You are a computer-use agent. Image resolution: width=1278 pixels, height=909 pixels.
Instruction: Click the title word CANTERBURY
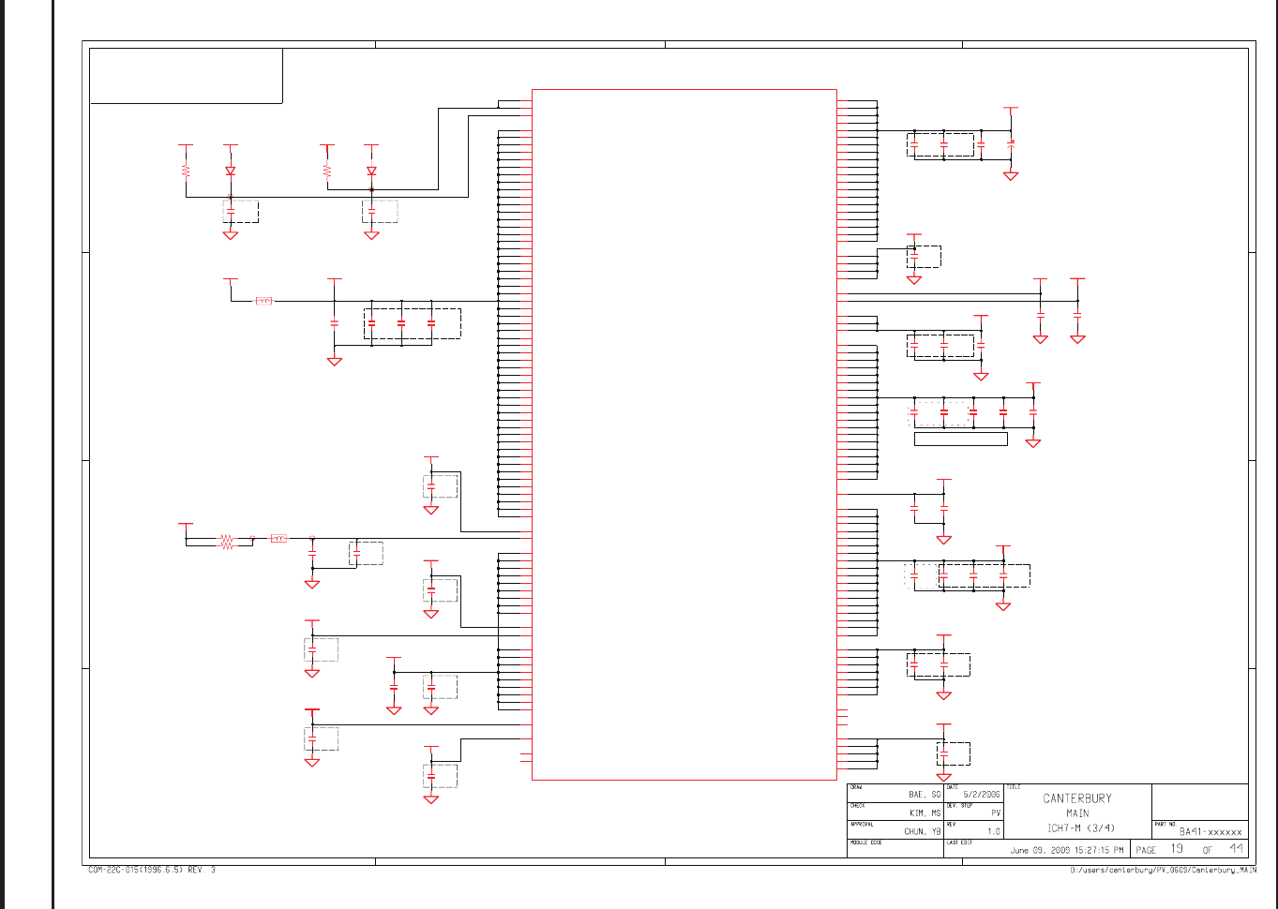[1076, 798]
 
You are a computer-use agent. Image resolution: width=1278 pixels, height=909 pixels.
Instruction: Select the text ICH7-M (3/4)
[1081, 827]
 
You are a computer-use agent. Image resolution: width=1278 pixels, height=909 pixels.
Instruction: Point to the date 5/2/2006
[981, 794]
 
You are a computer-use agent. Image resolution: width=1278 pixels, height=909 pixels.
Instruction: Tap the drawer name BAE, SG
[924, 794]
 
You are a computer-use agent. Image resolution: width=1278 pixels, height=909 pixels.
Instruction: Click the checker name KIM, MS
[924, 812]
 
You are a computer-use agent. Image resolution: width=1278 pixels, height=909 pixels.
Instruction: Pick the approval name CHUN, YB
[922, 831]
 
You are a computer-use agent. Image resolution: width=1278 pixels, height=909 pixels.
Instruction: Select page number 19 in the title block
[1176, 849]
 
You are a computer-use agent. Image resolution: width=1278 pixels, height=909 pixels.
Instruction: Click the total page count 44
[1237, 849]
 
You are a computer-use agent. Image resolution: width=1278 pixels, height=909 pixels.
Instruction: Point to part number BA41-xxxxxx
[1210, 831]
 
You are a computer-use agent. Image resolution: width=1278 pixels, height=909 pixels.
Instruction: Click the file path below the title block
[1163, 871]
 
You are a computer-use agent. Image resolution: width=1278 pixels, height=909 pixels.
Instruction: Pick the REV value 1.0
[993, 831]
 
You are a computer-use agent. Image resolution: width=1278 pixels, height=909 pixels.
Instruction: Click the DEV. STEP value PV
[996, 812]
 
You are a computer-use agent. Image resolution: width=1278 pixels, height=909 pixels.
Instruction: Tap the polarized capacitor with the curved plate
[1011, 144]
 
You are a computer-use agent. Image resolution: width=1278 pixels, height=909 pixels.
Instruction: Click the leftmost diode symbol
[231, 171]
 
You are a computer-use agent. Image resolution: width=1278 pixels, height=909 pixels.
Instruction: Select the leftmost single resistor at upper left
[186, 171]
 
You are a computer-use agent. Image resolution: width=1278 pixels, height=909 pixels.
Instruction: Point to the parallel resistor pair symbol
[226, 542]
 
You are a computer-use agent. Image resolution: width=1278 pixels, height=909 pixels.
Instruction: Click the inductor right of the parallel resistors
[278, 538]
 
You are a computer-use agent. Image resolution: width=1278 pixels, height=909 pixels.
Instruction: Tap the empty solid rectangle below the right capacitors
[960, 439]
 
